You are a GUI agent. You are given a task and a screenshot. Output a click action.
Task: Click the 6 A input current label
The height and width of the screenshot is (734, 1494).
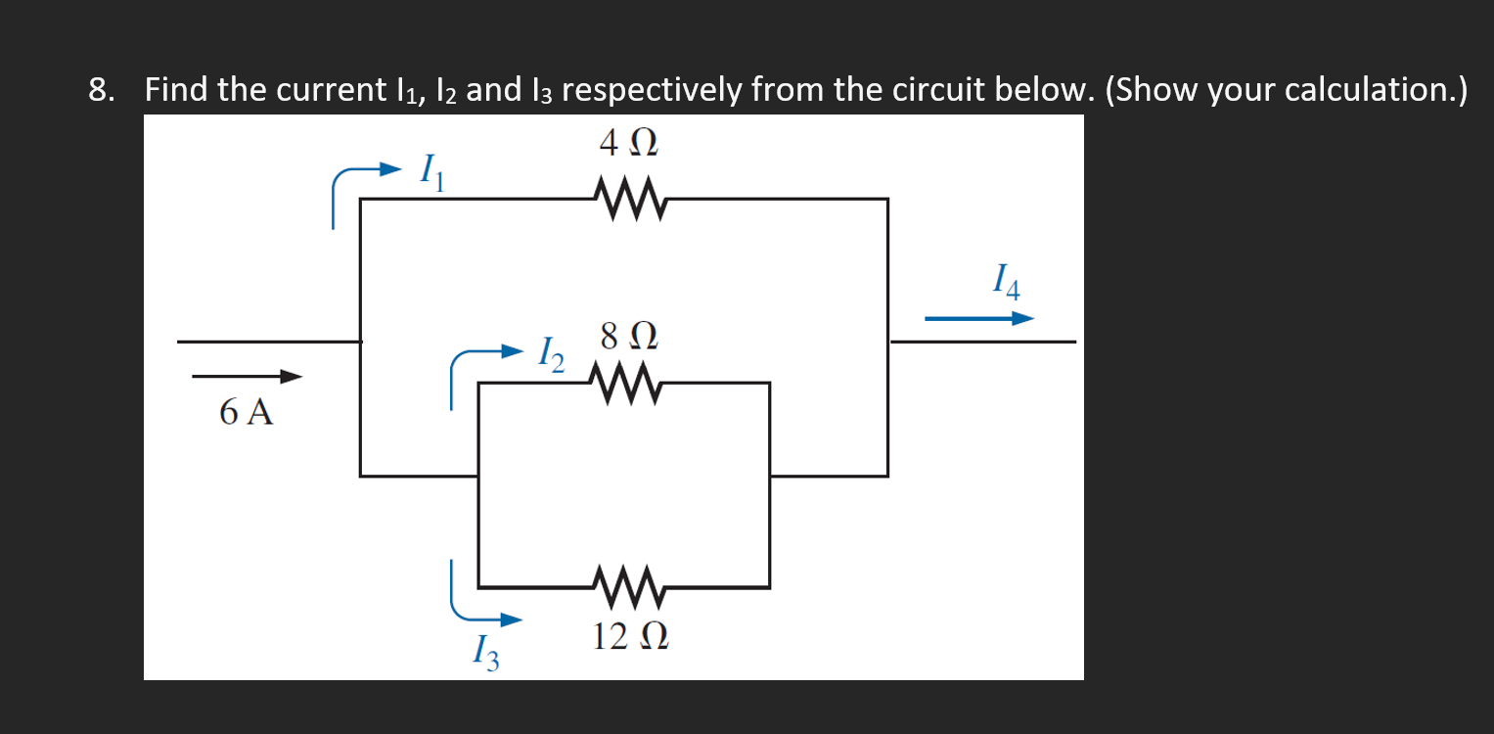pyautogui.click(x=246, y=413)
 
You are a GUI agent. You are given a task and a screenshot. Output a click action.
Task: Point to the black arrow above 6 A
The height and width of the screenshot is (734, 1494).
pyautogui.click(x=247, y=377)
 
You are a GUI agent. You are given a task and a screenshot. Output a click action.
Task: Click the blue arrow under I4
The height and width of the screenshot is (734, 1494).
pyautogui.click(x=979, y=318)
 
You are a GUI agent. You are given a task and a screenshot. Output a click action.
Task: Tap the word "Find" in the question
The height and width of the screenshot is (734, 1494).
pyautogui.click(x=177, y=90)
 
